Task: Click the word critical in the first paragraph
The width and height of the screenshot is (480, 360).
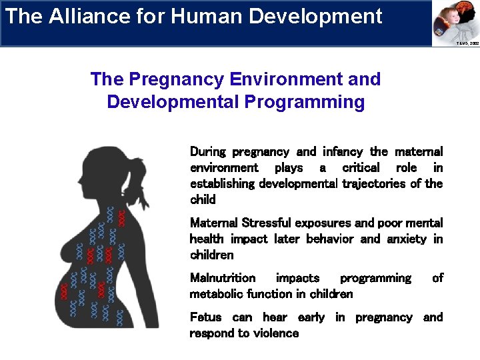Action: [x=361, y=167]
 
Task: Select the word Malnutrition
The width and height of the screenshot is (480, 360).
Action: [x=223, y=278]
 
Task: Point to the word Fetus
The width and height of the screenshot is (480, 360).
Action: [x=205, y=317]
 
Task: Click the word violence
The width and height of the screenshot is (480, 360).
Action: [x=273, y=333]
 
